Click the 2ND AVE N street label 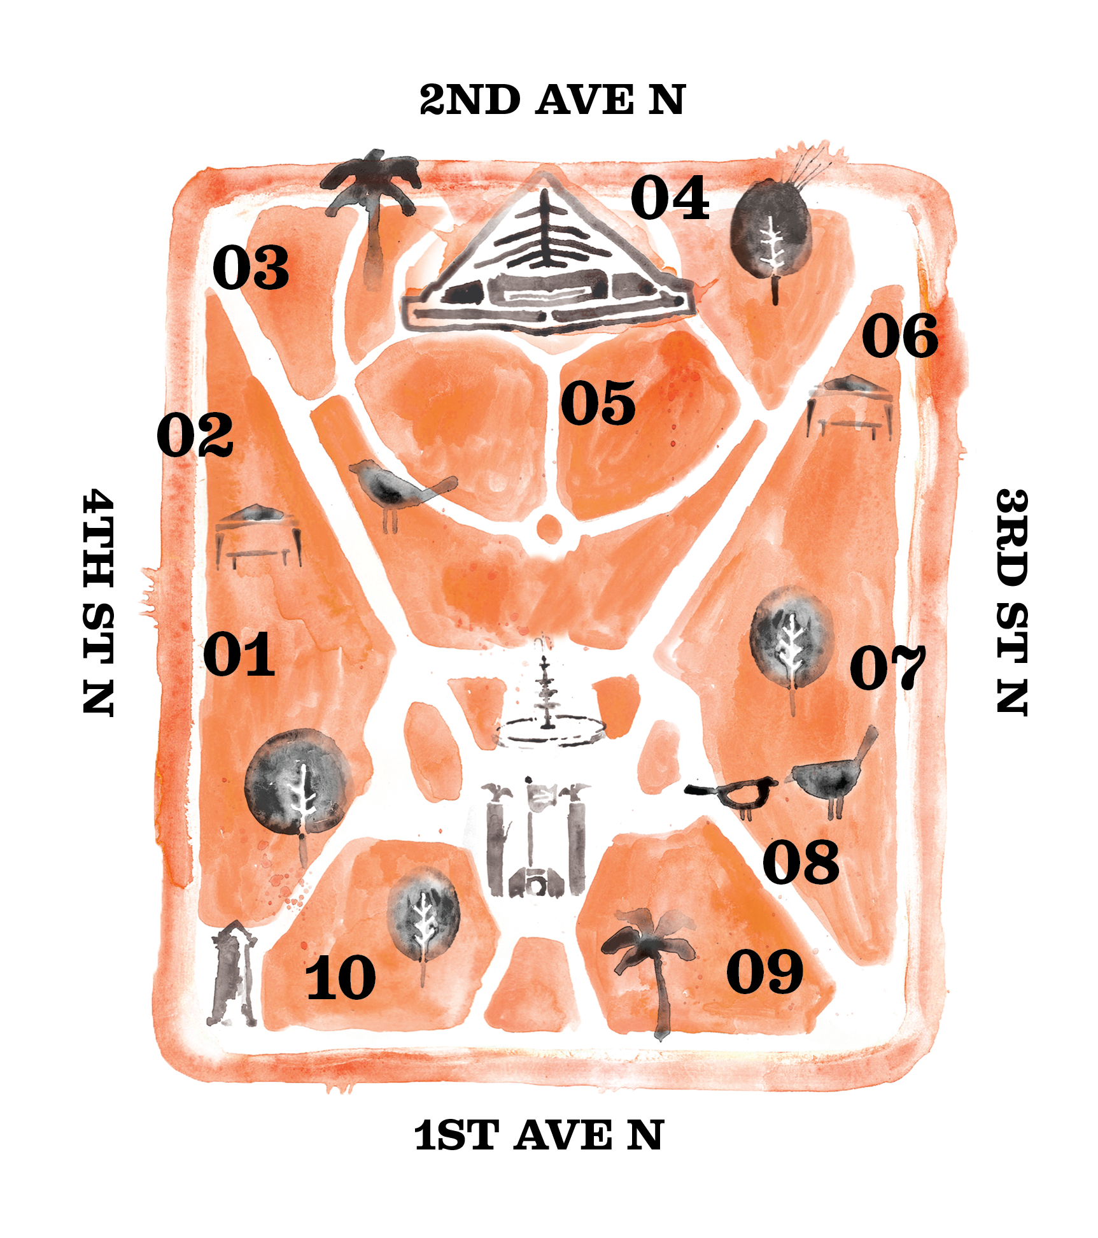(552, 100)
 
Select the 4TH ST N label (99, 602)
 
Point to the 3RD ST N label (1011, 602)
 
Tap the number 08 (801, 862)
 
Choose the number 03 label (251, 267)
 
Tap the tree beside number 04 (771, 232)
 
